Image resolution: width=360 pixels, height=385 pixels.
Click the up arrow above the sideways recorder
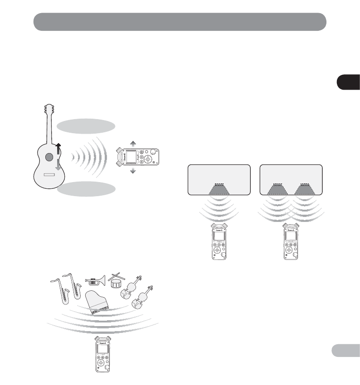[x=132, y=144]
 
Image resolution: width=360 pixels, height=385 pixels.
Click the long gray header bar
[x=180, y=21]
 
